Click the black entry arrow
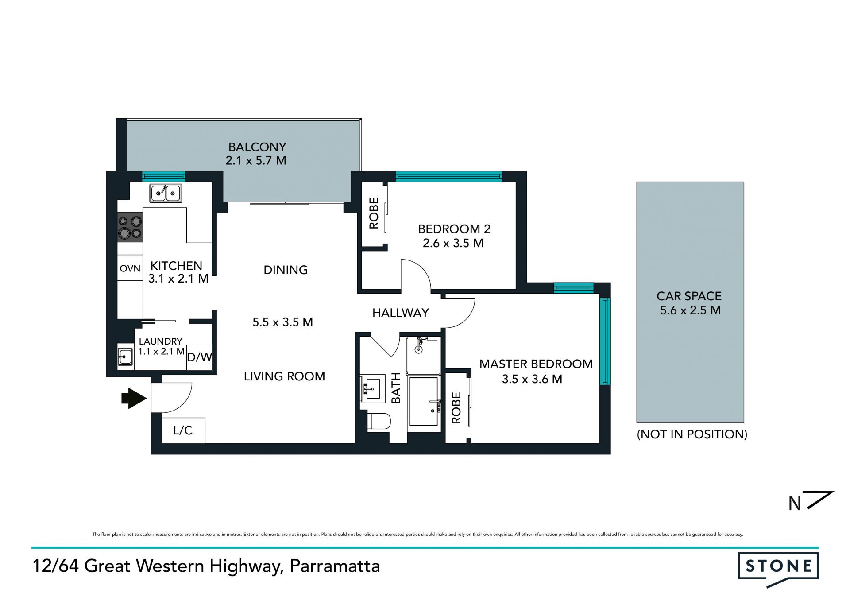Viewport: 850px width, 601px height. pyautogui.click(x=134, y=398)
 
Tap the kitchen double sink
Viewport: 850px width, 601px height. pyautogui.click(x=166, y=193)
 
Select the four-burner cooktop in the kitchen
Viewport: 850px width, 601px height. pyautogui.click(x=130, y=227)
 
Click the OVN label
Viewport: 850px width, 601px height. pyautogui.click(x=130, y=268)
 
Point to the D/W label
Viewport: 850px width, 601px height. pyautogui.click(x=199, y=357)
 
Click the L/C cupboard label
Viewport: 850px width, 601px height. pyautogui.click(x=183, y=430)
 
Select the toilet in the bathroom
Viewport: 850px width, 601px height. pyautogui.click(x=379, y=421)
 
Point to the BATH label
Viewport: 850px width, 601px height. pyautogui.click(x=396, y=388)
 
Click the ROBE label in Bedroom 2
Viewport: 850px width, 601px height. pyautogui.click(x=374, y=213)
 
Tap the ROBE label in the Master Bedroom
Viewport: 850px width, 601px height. pyautogui.click(x=456, y=408)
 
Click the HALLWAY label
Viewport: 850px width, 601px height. pyautogui.click(x=401, y=313)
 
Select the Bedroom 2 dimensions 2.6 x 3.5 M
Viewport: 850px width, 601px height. pyautogui.click(x=453, y=243)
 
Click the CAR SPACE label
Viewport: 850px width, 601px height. pyautogui.click(x=689, y=296)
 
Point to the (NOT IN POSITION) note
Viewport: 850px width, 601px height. pyautogui.click(x=692, y=434)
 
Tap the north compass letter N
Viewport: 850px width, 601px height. pyautogui.click(x=795, y=504)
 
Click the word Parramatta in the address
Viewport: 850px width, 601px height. pyautogui.click(x=335, y=566)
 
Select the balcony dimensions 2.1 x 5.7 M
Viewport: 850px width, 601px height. pyautogui.click(x=256, y=160)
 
